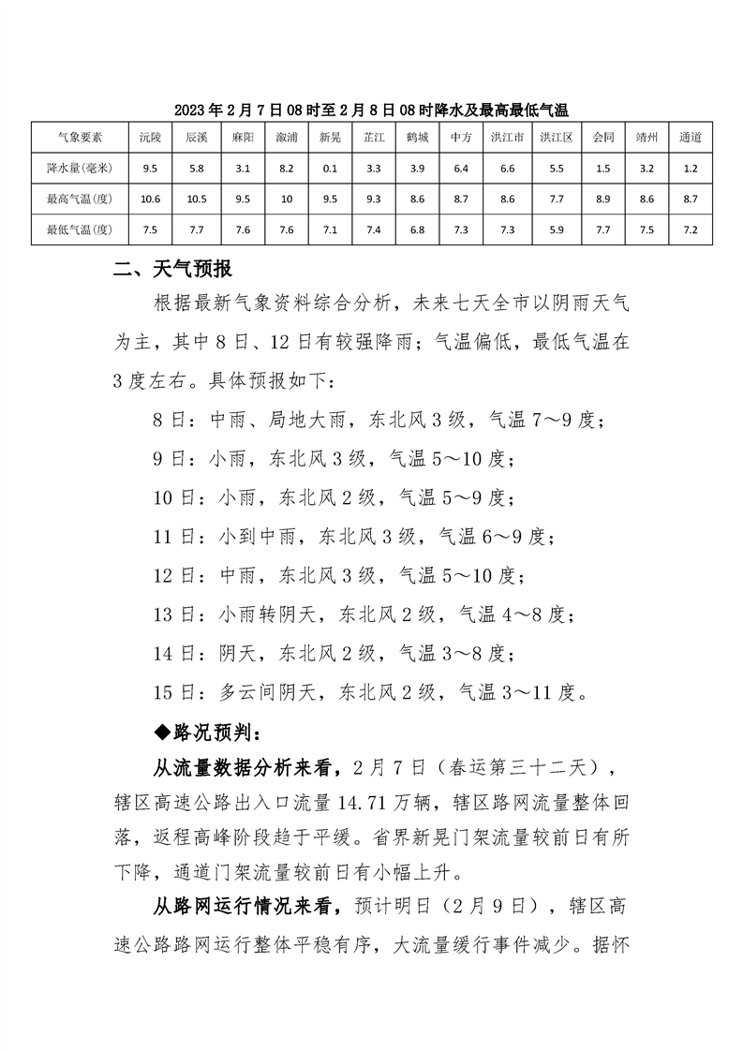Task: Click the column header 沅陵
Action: click(x=150, y=137)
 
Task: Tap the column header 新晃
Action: click(x=330, y=137)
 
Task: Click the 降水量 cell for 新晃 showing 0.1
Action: click(x=330, y=168)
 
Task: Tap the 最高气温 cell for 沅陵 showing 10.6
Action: click(x=150, y=199)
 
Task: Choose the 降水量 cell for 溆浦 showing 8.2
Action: click(x=286, y=168)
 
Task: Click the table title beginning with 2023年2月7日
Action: click(x=372, y=110)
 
